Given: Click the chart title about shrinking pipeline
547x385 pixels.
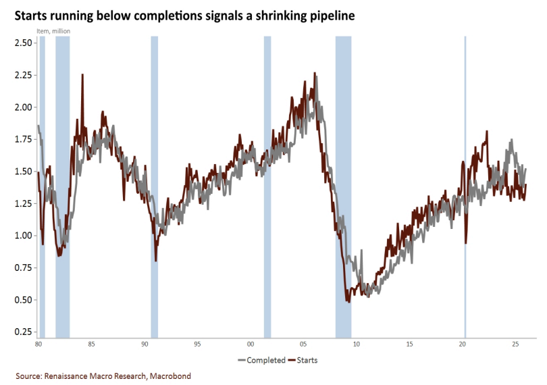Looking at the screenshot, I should pos(180,15).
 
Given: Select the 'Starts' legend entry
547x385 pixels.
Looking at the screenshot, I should pos(303,360).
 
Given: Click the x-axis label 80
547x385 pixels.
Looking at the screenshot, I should pos(38,344).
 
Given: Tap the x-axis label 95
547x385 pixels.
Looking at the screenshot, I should pos(197,344).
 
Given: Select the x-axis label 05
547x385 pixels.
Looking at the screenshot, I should pos(303,344).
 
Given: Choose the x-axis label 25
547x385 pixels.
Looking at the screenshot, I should pos(515,344).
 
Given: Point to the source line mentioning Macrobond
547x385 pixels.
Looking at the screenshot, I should pos(100,375).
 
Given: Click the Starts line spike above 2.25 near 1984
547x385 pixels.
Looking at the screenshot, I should pos(82,75).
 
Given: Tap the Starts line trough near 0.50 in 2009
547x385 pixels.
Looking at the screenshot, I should pos(348,301).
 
